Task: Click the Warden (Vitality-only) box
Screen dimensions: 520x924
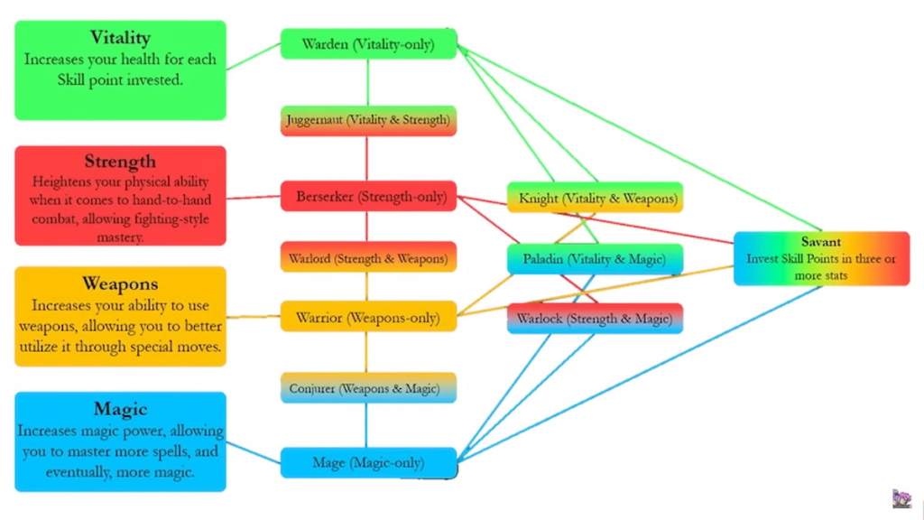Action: [x=368, y=44]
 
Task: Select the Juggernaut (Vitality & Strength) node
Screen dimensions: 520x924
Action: [x=368, y=120]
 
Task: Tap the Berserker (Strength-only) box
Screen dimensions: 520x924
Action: [x=368, y=196]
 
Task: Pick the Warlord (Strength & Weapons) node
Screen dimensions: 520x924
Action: [x=368, y=258]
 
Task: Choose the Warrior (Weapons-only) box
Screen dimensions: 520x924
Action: [x=368, y=317]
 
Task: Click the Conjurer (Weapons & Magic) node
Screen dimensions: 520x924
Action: [x=368, y=388]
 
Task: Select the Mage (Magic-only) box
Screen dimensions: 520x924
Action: [x=368, y=463]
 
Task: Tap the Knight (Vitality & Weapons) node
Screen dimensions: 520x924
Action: [x=595, y=198]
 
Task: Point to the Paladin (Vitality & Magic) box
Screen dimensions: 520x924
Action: [x=595, y=259]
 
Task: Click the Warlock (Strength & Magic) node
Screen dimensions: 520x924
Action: [x=595, y=318]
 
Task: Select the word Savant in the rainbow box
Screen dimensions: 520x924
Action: [x=821, y=242]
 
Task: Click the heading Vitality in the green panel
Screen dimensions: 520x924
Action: [x=120, y=38]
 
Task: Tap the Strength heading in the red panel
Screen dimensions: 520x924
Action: [x=120, y=162]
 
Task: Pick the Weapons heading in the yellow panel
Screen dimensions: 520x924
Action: [x=120, y=284]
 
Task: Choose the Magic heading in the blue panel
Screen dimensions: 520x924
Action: [x=120, y=409]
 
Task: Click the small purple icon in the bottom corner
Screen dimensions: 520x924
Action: [x=901, y=499]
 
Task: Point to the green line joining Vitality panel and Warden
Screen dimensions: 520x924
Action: [x=253, y=56]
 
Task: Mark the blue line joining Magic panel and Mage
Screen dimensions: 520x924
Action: [x=253, y=452]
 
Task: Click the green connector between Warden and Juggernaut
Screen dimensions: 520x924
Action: [x=367, y=82]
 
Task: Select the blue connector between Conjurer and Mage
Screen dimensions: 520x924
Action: [x=366, y=425]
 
